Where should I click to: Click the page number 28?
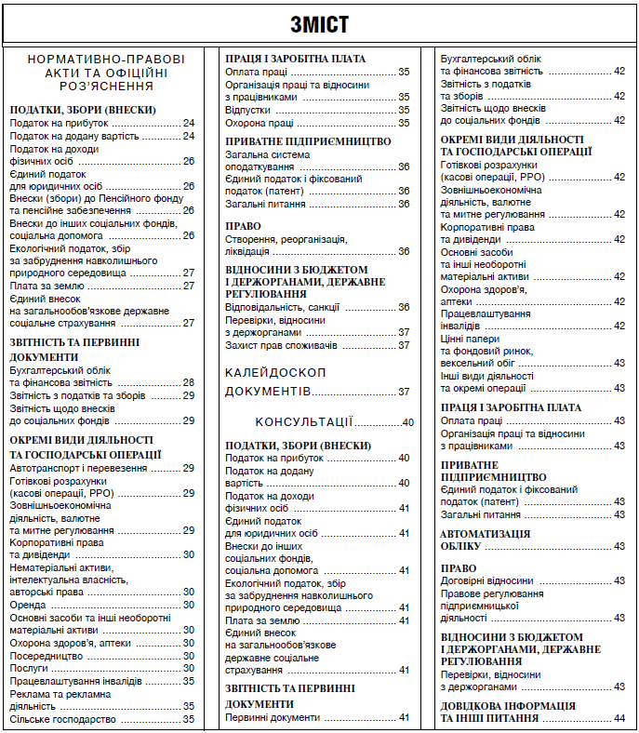click(x=188, y=382)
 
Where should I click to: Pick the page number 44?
click(x=619, y=718)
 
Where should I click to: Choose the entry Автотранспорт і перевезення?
click(x=78, y=468)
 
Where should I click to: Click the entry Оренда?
click(x=28, y=605)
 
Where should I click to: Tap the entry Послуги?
click(x=30, y=668)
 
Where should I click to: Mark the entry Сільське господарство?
click(x=62, y=719)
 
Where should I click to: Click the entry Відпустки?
click(x=248, y=110)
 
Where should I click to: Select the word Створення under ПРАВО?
click(x=253, y=238)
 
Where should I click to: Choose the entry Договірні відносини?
click(x=486, y=580)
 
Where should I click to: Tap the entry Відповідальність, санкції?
click(x=283, y=307)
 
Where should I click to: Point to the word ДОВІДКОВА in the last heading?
click(x=473, y=706)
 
